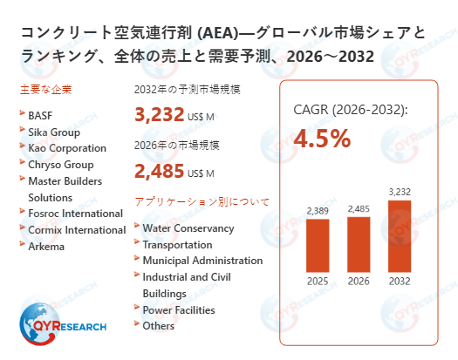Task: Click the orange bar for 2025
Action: coord(318,246)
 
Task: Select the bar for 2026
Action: coord(359,244)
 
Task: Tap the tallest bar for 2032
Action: coord(399,236)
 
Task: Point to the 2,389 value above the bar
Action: coord(318,210)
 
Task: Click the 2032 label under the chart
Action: coord(399,281)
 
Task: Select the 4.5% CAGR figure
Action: coord(322,139)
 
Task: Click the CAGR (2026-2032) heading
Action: coord(350,110)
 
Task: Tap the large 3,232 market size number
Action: coord(160,115)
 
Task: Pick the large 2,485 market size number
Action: coord(160,170)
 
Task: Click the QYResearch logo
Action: coord(62,325)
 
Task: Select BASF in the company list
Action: coord(40,115)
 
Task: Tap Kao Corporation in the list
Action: coord(67,148)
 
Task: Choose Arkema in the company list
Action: coord(46,246)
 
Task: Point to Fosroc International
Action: coord(75,214)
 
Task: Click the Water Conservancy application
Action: coord(188,228)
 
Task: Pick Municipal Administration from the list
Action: coord(202,261)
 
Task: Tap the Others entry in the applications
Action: coord(158,326)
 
